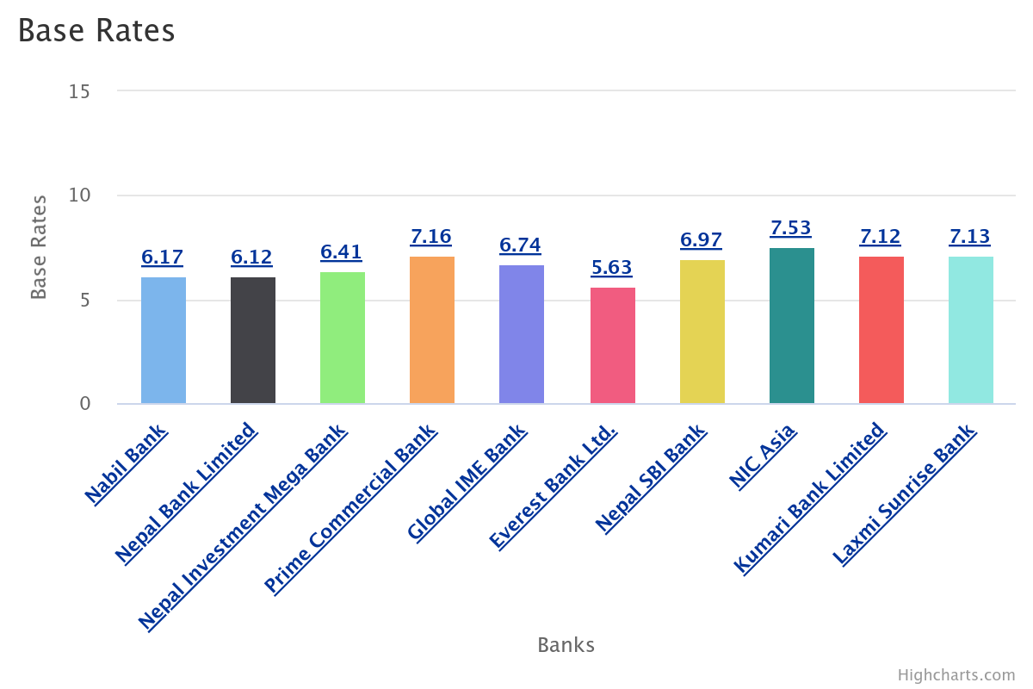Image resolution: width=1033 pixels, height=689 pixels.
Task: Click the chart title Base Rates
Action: (x=96, y=31)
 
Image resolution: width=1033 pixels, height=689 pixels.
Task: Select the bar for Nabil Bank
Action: (x=164, y=340)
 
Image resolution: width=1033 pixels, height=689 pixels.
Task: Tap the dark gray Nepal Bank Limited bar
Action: (x=253, y=340)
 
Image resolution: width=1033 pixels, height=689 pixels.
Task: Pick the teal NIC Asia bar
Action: (x=792, y=326)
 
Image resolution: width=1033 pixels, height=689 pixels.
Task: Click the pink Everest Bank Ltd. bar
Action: (x=613, y=345)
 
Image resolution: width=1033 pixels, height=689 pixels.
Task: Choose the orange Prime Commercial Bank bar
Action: (x=432, y=330)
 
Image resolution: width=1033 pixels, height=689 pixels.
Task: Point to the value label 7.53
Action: (x=791, y=228)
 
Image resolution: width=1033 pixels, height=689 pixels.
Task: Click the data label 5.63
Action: (x=612, y=268)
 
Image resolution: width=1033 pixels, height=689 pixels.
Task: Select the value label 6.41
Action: (x=342, y=252)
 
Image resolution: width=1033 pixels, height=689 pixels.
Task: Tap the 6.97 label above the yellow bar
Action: (x=702, y=240)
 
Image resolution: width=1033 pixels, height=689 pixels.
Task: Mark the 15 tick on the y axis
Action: (x=79, y=91)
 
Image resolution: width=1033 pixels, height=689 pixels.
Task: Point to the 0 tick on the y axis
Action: (x=85, y=404)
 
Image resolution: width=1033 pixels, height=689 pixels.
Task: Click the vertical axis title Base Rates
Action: (x=39, y=247)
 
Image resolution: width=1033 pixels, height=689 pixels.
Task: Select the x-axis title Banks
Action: (x=566, y=645)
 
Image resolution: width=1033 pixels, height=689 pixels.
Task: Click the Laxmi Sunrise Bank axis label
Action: (x=904, y=493)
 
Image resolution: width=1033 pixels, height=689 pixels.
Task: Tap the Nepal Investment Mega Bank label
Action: (x=243, y=527)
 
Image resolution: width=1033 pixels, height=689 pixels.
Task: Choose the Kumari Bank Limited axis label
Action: (x=808, y=498)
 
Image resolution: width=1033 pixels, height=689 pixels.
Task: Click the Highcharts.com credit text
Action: (x=956, y=675)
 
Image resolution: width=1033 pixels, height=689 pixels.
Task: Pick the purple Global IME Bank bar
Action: (x=522, y=334)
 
